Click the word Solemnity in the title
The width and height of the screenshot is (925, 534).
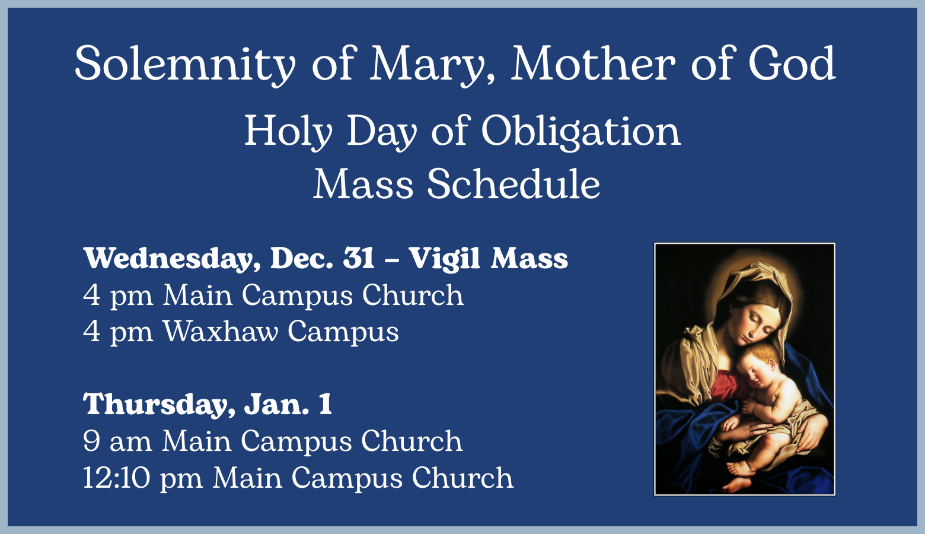pyautogui.click(x=185, y=65)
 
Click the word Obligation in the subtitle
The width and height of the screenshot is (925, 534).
pyautogui.click(x=581, y=132)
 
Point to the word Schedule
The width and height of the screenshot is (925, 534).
pyautogui.click(x=513, y=184)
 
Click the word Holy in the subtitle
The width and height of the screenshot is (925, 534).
pyautogui.click(x=288, y=132)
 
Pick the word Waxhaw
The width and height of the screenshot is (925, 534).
pyautogui.click(x=221, y=331)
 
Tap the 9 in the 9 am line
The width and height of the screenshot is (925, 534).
pyautogui.click(x=91, y=441)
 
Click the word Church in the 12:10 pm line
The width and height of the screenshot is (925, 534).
pyautogui.click(x=462, y=478)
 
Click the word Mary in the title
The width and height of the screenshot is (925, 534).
pyautogui.click(x=432, y=65)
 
